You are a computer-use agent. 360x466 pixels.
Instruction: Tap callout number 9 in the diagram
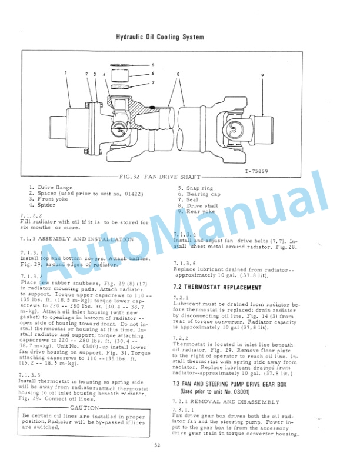(263, 75)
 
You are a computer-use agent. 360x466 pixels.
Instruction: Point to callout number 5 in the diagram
(152, 65)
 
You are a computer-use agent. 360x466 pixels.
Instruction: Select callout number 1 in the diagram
(66, 72)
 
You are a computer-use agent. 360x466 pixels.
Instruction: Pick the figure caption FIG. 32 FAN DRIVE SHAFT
(159, 177)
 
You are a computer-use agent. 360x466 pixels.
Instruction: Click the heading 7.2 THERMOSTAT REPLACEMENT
(217, 288)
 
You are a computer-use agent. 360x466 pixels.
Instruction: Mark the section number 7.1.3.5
(184, 263)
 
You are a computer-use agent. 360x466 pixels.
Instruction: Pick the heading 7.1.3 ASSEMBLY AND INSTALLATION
(76, 239)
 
